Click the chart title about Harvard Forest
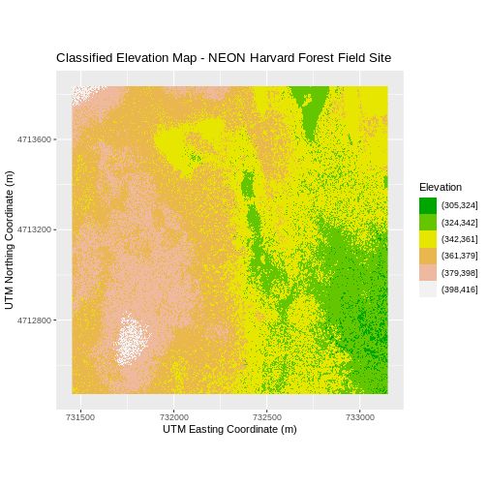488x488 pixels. (224, 58)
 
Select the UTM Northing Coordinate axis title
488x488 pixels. (11, 240)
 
